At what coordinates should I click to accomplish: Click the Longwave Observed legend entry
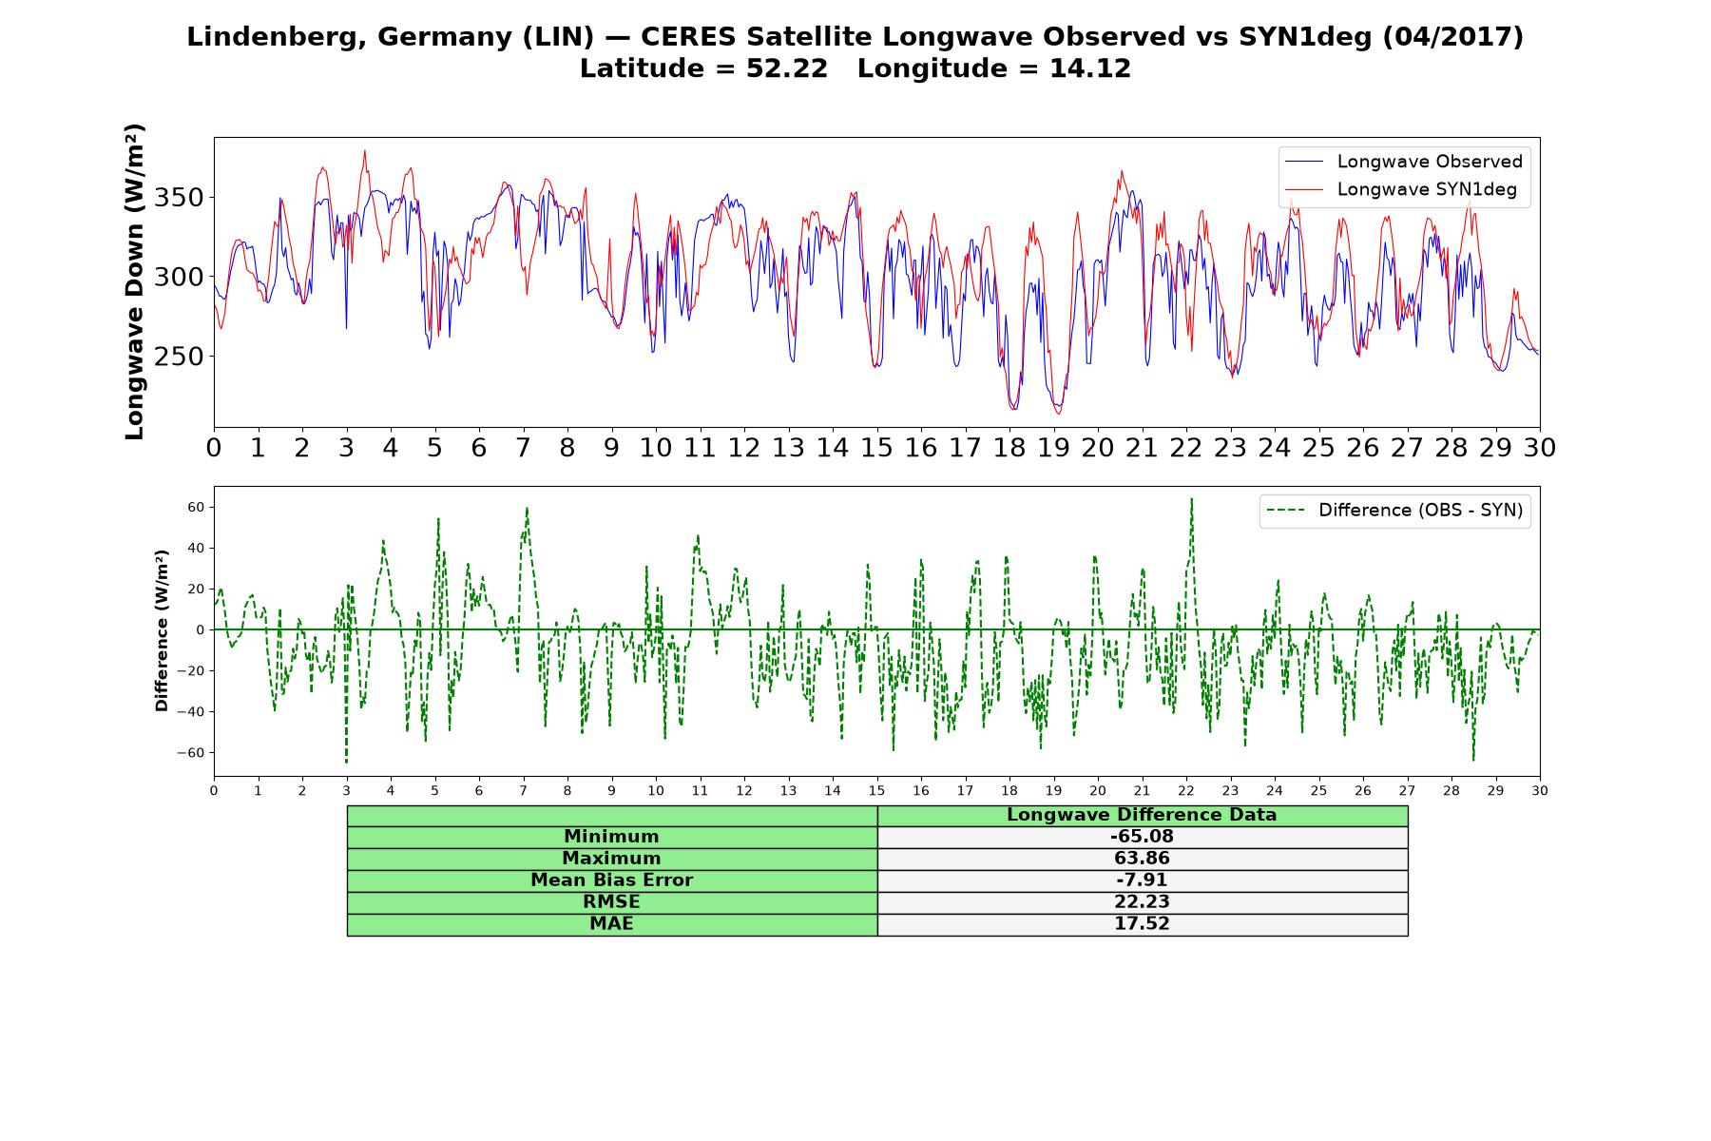pos(1403,162)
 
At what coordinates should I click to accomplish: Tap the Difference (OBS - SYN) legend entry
pos(1394,511)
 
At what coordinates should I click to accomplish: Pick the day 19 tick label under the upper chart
pos(1053,447)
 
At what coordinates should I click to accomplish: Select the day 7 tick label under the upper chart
pos(523,447)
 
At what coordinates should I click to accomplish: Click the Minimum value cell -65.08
pos(1142,837)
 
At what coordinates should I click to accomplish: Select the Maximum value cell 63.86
pos(1142,859)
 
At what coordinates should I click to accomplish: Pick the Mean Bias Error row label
pos(611,880)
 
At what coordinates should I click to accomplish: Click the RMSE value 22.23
pos(1142,902)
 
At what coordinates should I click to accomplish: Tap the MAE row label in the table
pos(611,924)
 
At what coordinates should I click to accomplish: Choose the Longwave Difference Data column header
pos(1142,815)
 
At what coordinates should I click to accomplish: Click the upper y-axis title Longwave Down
pos(134,281)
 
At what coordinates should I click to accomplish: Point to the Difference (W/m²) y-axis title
pos(162,630)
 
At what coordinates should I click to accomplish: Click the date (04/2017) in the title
pos(1452,37)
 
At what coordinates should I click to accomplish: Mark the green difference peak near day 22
pos(1191,498)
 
